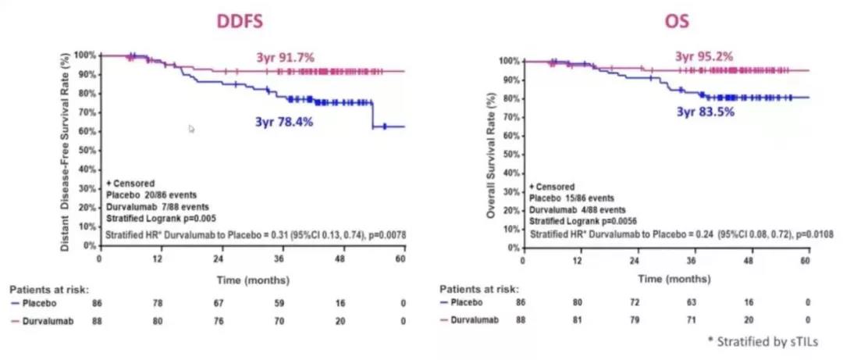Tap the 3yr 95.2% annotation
click(x=705, y=56)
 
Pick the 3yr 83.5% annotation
click(x=706, y=111)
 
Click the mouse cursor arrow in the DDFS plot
click(x=192, y=129)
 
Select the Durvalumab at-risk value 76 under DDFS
click(x=220, y=321)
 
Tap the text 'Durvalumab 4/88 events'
click(x=578, y=209)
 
